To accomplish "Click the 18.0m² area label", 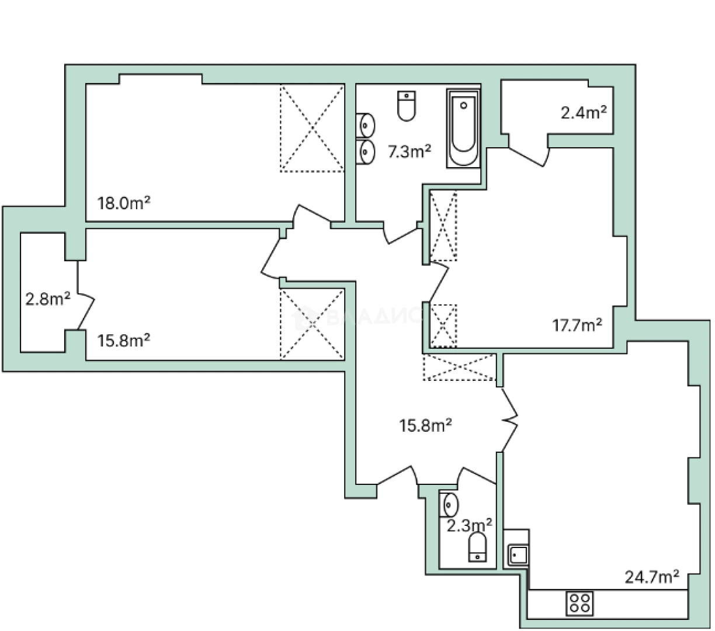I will [x=124, y=203].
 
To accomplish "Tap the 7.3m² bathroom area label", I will [x=409, y=152].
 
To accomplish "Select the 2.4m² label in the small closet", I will [x=583, y=112].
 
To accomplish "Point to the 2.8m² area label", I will [x=47, y=300].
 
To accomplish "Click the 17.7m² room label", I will [x=577, y=325].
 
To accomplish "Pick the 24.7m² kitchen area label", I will [x=651, y=577].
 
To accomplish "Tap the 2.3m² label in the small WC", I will [x=469, y=525].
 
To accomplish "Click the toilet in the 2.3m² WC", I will [x=478, y=547].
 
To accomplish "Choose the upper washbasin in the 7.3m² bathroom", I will [x=366, y=125].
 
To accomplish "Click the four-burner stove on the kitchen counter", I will [x=580, y=603].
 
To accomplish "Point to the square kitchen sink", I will [x=518, y=554].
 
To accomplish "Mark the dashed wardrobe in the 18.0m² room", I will [x=312, y=129].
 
